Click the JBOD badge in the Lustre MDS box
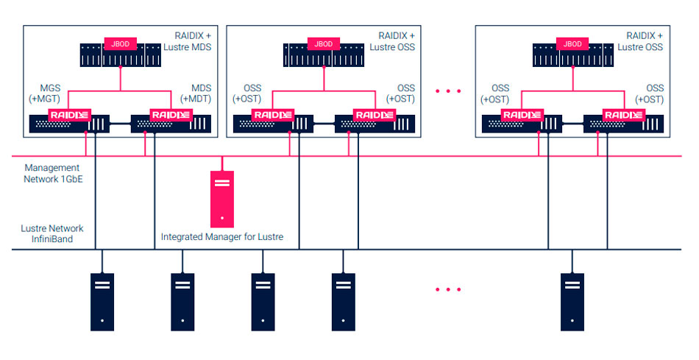(120, 44)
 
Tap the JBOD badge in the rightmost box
(572, 44)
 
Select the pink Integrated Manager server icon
(222, 199)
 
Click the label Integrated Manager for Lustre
(222, 237)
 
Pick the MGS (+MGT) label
(49, 94)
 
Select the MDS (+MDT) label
(196, 94)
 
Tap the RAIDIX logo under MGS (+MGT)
(68, 115)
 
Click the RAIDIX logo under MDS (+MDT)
(171, 115)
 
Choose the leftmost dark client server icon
(102, 301)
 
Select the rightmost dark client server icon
(572, 301)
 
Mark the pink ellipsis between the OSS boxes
(447, 91)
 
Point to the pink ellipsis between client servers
(447, 289)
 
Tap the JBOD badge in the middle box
(324, 44)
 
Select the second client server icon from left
(183, 301)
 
